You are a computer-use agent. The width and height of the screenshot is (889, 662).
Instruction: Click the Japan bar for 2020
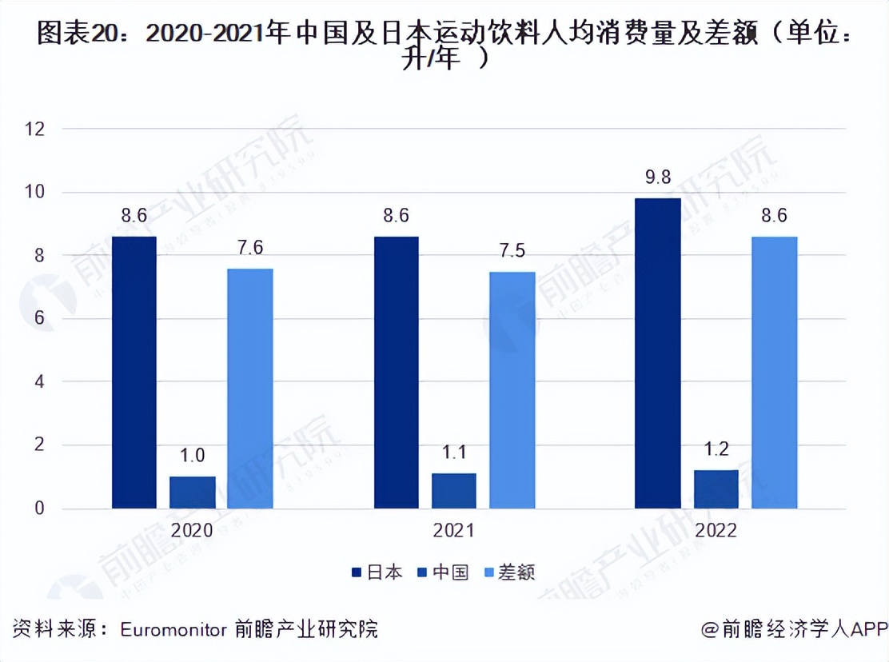tap(134, 373)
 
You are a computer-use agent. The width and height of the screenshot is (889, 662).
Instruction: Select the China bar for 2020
tap(192, 493)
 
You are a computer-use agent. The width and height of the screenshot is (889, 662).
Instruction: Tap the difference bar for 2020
tap(250, 389)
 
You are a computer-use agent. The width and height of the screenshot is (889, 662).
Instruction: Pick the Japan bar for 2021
tap(396, 373)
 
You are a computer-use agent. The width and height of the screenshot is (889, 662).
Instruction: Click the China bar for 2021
tap(454, 491)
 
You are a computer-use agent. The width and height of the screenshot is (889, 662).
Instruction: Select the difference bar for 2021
tap(512, 390)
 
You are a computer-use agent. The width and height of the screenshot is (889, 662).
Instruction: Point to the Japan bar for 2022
tap(657, 353)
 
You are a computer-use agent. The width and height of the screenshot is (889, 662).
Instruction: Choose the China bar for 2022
tap(716, 489)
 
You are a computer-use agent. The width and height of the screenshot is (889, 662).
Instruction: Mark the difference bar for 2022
tap(775, 373)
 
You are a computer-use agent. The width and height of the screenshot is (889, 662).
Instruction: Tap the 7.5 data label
tap(512, 252)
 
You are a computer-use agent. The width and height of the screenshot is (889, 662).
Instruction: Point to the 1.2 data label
tap(716, 449)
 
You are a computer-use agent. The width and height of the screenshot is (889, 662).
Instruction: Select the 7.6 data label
tap(250, 249)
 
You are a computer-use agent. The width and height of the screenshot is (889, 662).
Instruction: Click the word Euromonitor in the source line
tap(173, 629)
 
